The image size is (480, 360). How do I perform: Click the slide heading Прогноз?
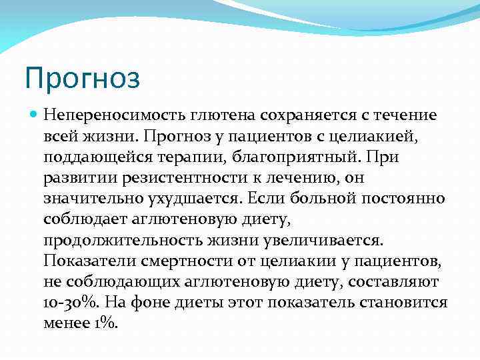point(83,78)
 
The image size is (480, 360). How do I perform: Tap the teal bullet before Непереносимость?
point(34,115)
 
